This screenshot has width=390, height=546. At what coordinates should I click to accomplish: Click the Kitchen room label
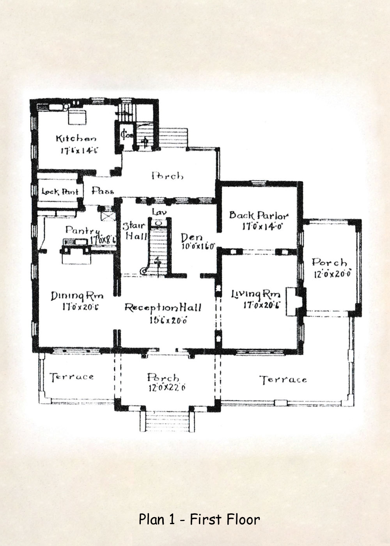pyautogui.click(x=76, y=138)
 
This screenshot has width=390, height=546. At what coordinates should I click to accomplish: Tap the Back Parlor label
pyautogui.click(x=259, y=215)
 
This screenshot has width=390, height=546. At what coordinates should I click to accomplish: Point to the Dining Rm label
pyautogui.click(x=77, y=296)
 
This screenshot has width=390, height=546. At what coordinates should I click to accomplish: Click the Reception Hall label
pyautogui.click(x=163, y=308)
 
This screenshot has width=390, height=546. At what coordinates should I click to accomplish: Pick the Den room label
pyautogui.click(x=192, y=238)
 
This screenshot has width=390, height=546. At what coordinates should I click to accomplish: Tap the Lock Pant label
pyautogui.click(x=60, y=191)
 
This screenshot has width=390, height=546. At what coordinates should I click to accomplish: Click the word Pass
pyautogui.click(x=103, y=191)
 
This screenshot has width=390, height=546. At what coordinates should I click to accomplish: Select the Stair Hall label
pyautogui.click(x=134, y=230)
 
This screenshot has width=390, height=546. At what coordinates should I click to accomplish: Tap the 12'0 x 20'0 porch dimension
pyautogui.click(x=333, y=274)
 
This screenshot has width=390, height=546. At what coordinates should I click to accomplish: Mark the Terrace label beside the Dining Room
pyautogui.click(x=72, y=377)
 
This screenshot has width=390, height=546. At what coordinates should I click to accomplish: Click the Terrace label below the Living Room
pyautogui.click(x=283, y=379)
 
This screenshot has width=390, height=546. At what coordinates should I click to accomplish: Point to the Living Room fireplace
pyautogui.click(x=293, y=301)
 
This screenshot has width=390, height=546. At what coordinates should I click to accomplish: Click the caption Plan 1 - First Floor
pyautogui.click(x=199, y=519)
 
